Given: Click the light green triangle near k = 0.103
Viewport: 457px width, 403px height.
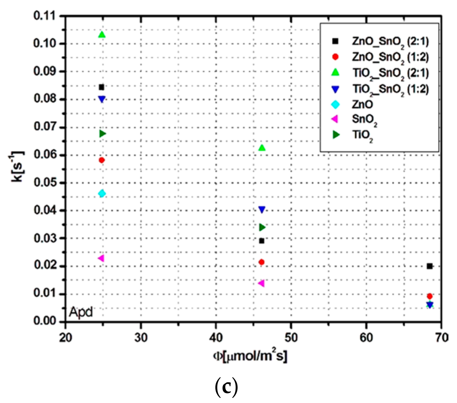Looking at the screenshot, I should click(102, 35).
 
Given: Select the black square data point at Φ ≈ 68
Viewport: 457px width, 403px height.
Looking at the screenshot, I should click(430, 266).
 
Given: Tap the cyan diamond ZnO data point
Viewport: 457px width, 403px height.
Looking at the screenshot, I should click(102, 193).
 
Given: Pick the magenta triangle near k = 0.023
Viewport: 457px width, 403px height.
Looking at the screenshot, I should click(101, 258).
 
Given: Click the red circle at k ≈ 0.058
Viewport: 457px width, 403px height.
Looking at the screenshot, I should click(102, 160).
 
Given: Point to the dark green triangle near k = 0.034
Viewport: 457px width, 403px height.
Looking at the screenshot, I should click(262, 227).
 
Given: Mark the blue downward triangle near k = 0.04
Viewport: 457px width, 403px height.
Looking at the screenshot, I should click(262, 210).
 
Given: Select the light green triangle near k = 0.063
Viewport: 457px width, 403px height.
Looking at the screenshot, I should click(262, 148).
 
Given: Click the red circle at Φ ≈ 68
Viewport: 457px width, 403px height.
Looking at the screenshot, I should click(430, 296).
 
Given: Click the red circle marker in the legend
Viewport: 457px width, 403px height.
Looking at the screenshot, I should click(335, 57).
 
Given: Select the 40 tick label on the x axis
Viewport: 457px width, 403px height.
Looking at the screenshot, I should click(216, 338).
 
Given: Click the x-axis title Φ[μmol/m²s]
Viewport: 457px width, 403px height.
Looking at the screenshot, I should click(250, 357).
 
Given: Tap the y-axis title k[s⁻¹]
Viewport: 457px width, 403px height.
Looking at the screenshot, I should click(17, 166).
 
